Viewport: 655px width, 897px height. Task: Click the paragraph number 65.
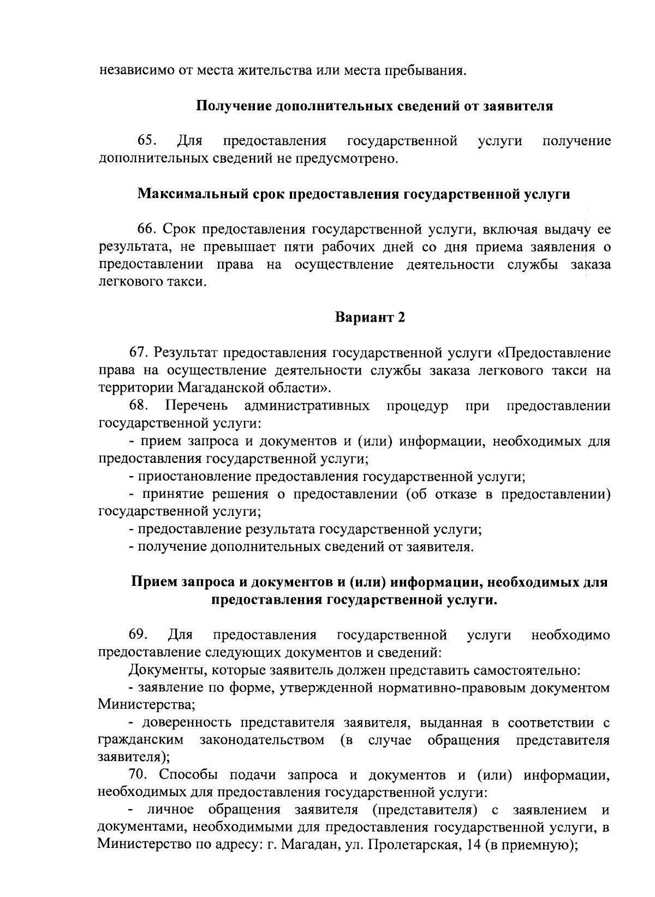pyautogui.click(x=147, y=141)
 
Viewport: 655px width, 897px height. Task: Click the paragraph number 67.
pyautogui.click(x=139, y=353)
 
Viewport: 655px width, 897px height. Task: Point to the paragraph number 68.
pyautogui.click(x=139, y=406)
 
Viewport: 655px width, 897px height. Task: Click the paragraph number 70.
pyautogui.click(x=139, y=775)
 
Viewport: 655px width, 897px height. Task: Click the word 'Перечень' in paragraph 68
pyautogui.click(x=196, y=406)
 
